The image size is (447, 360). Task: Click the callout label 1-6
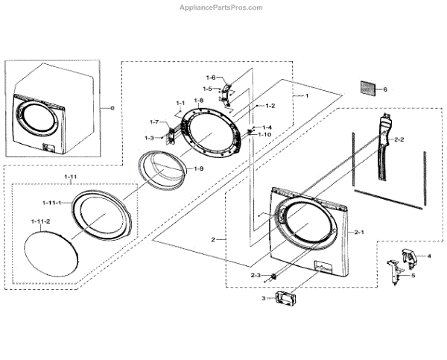tap(210, 78)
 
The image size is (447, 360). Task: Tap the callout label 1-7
tap(154, 121)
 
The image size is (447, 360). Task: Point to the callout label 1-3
tap(149, 138)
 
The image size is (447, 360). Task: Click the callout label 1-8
tap(198, 101)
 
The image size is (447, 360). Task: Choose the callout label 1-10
tap(265, 135)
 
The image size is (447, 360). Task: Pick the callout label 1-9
tap(199, 169)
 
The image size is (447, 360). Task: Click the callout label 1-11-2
tap(40, 222)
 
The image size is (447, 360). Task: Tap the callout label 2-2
tap(399, 139)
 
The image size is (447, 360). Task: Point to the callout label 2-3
tap(256, 276)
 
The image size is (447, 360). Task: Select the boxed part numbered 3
tap(286, 299)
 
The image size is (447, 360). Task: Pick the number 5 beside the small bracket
tap(413, 275)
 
